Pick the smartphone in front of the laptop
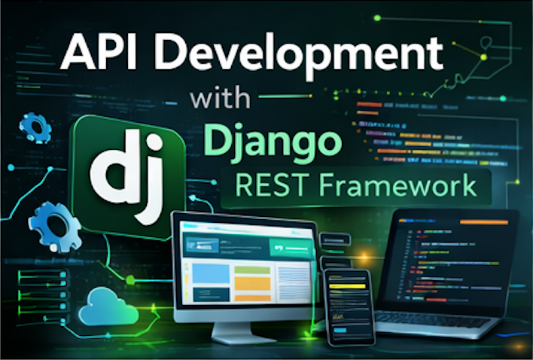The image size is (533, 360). [x=349, y=306]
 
